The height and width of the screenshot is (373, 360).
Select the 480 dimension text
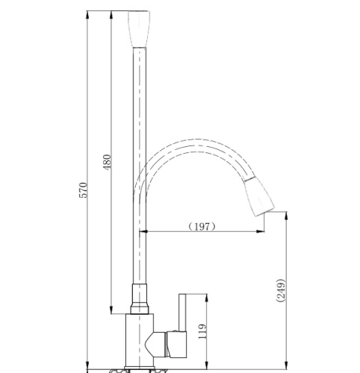point(107,163)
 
